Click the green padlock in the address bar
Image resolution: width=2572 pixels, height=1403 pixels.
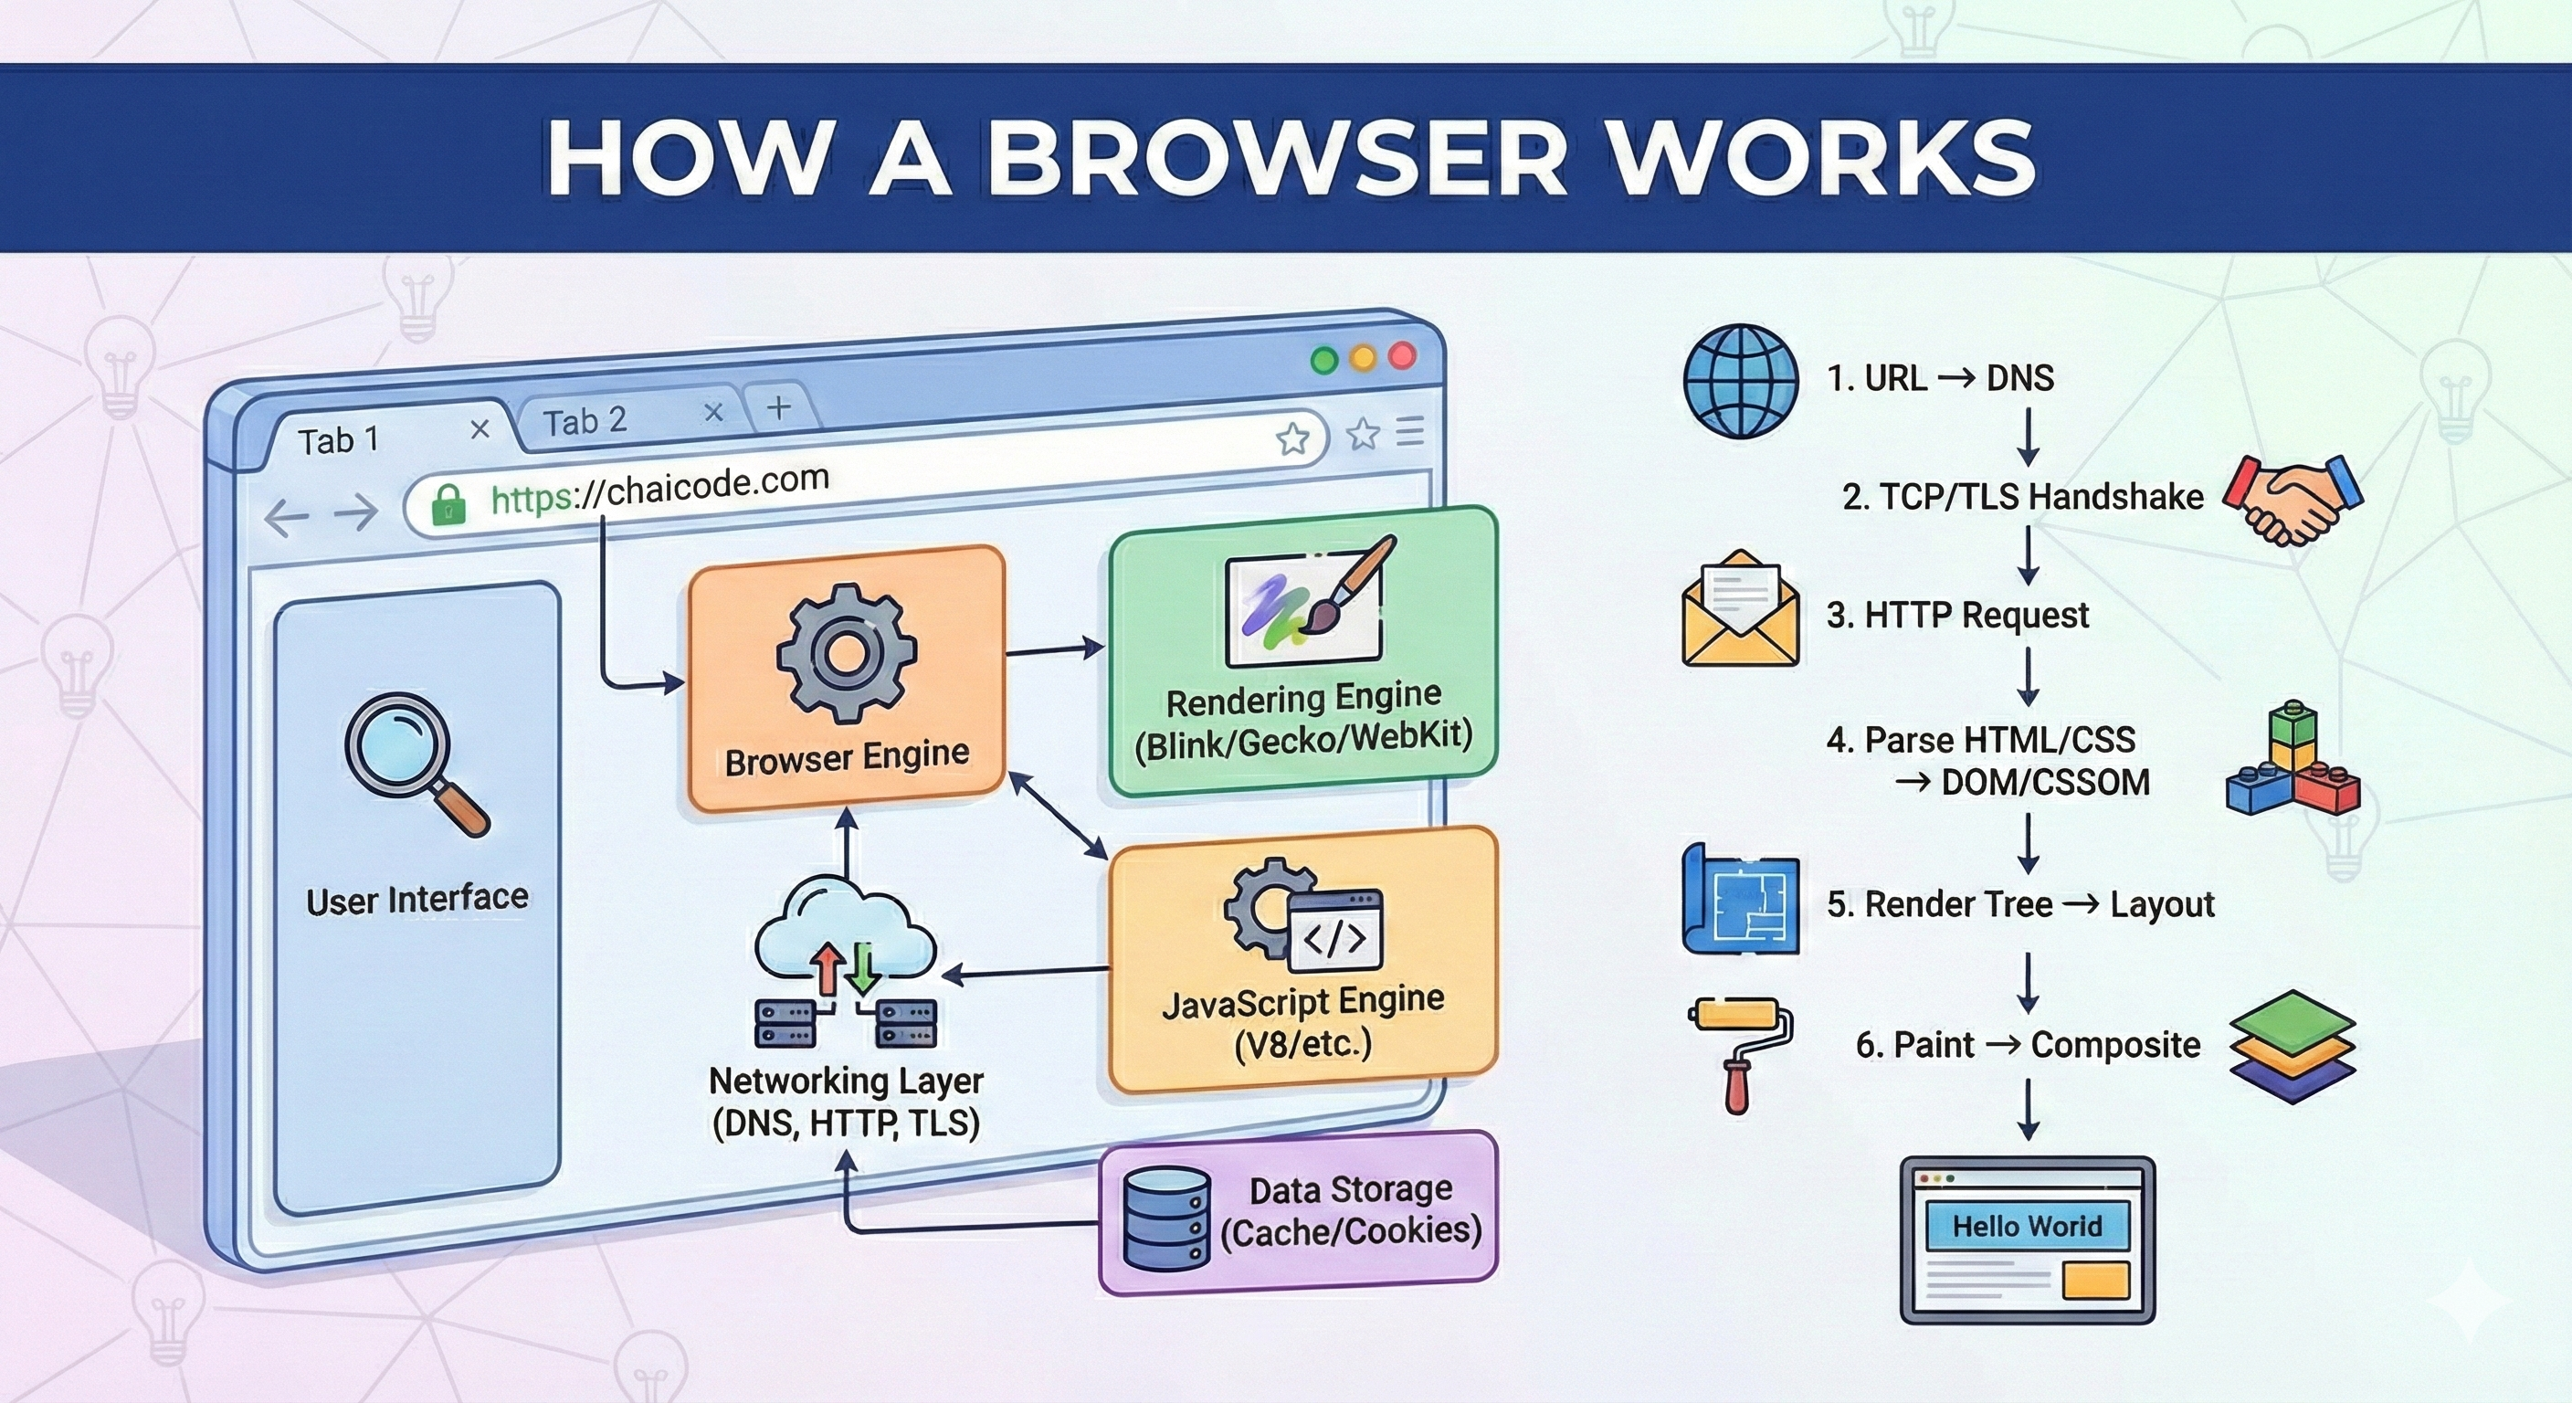point(448,504)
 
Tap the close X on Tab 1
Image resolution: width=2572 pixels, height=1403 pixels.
point(480,428)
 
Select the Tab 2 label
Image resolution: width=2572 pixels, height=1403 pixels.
point(585,421)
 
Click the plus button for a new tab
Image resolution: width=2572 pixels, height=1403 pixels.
point(779,407)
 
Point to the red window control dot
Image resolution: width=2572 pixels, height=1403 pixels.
point(1402,355)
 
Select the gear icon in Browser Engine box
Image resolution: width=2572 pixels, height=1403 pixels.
point(846,653)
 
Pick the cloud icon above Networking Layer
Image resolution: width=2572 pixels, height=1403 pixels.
point(845,929)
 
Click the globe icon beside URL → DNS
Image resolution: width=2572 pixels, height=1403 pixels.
point(1740,381)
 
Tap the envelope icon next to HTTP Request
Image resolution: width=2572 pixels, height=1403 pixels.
point(1740,609)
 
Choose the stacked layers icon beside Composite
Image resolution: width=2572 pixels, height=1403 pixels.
point(2293,1047)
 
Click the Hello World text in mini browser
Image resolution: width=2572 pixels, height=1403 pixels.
point(2027,1226)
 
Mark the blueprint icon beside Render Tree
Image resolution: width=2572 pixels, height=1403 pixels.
point(1740,901)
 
